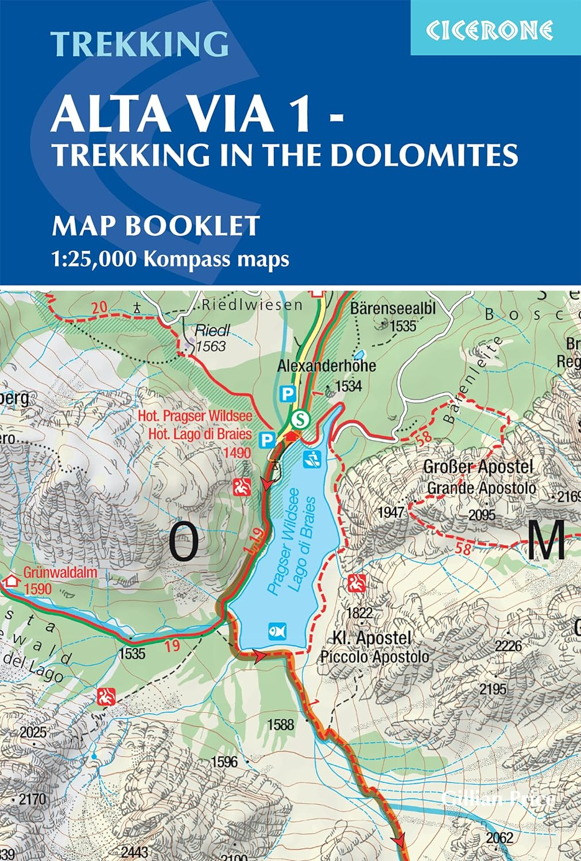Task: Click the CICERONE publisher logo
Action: (x=489, y=30)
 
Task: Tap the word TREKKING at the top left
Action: (x=140, y=44)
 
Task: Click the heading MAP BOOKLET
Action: (x=156, y=226)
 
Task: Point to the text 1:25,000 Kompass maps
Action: (x=171, y=259)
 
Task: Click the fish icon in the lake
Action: (x=276, y=631)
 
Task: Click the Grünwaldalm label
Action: (x=60, y=572)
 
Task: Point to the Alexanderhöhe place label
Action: (x=326, y=366)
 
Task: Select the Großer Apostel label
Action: (x=478, y=467)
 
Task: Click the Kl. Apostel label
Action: (x=372, y=638)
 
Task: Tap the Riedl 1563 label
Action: (x=211, y=338)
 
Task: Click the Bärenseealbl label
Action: (x=393, y=308)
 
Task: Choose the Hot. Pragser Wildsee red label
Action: (x=195, y=416)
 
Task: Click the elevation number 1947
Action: (x=391, y=511)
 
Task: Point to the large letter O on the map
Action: (x=184, y=542)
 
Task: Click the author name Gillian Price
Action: (x=498, y=798)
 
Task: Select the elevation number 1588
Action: (x=281, y=724)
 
